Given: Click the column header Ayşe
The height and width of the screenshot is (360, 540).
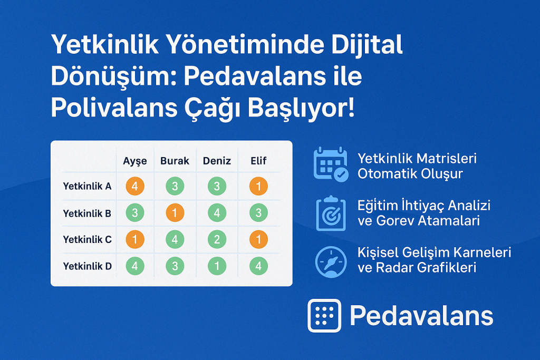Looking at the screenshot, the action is pos(135,161).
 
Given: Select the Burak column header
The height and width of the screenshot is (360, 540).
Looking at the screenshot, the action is pos(175,161).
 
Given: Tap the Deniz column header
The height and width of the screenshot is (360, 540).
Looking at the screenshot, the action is pos(217,161).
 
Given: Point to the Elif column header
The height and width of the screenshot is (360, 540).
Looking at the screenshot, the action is pos(258,161).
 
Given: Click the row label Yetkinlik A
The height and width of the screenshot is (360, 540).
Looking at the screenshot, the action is pos(87,186).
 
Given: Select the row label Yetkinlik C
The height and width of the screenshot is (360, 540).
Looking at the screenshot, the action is pos(88,239).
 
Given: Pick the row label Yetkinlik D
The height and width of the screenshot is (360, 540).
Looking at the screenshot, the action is pos(88,266).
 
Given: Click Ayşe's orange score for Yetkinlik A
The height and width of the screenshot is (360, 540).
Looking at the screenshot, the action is pos(135,186).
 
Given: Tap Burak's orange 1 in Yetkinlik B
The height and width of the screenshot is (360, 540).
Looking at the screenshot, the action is pos(175,213).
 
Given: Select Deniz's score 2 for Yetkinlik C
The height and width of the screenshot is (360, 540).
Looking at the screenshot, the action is pos(217,239).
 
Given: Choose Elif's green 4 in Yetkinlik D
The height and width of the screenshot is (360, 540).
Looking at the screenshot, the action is pos(258,266).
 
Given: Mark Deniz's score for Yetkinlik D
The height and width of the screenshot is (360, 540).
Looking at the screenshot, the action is pos(217,266).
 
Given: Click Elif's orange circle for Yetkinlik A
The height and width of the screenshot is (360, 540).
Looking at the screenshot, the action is pos(258,186).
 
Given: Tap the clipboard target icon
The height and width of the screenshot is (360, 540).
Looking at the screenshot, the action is pos(331,213).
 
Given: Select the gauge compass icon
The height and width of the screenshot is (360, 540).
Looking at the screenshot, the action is pos(331,261).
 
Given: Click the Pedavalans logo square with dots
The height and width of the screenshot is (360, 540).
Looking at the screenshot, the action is pos(324,316).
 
